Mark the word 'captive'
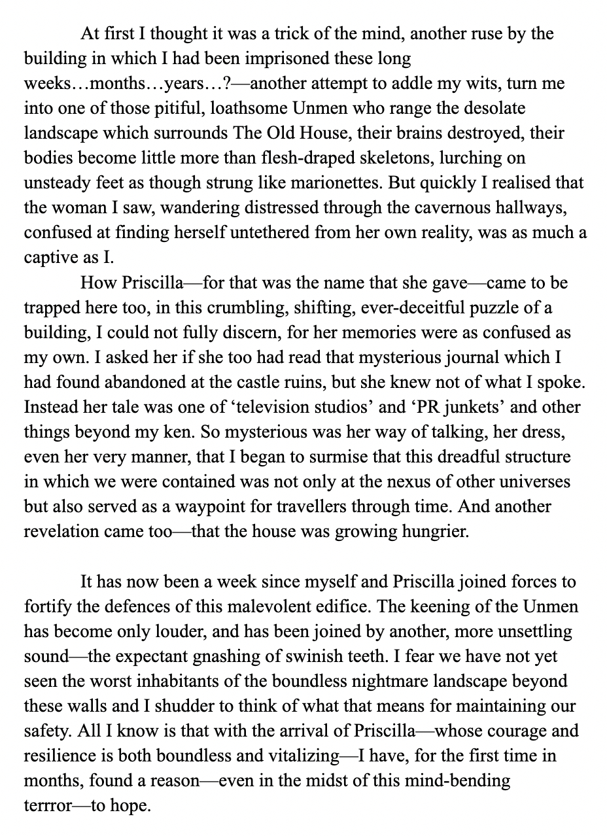pos(50,258)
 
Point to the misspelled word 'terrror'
pos(49,805)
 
